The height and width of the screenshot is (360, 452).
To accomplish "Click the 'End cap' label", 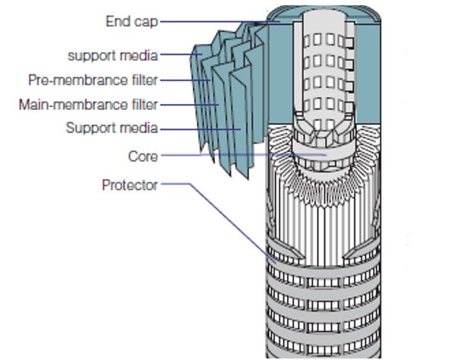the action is (x=132, y=22).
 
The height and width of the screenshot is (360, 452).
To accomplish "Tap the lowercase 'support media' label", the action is (x=112, y=55).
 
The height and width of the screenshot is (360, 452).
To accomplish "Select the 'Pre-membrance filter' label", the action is (x=93, y=81).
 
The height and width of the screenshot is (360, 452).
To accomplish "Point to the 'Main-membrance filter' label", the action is (x=88, y=105).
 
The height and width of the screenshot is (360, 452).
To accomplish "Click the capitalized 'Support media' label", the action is (x=112, y=128).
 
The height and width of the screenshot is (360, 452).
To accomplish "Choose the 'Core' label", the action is (x=143, y=156).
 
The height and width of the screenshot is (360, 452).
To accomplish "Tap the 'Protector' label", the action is (x=130, y=185).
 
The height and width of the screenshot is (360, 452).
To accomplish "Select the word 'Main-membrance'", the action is (x=73, y=105).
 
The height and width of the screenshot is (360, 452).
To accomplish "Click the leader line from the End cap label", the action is (x=220, y=21).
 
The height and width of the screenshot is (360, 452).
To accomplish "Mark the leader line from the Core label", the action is (x=244, y=155).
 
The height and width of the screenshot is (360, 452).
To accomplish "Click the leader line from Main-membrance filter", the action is (x=189, y=105).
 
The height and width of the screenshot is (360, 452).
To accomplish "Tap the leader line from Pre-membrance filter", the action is (x=185, y=81).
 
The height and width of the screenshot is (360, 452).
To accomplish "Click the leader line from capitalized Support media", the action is (x=201, y=129).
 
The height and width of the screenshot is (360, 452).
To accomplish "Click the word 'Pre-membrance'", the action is (x=77, y=81).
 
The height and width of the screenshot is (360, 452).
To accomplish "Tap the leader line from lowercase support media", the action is (x=181, y=54).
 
